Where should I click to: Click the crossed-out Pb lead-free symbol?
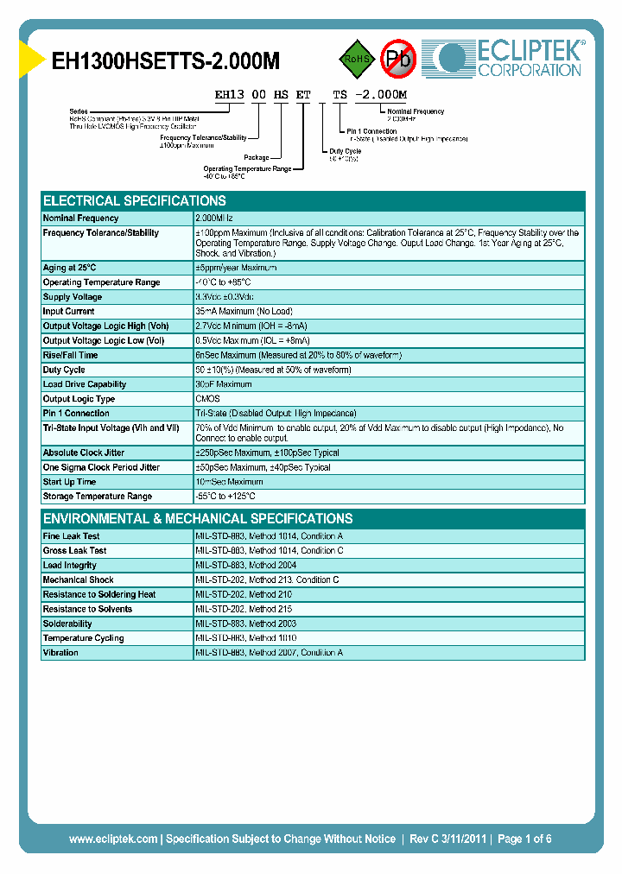coord(398,59)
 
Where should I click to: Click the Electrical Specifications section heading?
coord(135,200)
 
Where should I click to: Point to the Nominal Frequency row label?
coord(81,218)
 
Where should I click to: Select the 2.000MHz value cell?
coord(217,218)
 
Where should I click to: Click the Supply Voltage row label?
coord(73,297)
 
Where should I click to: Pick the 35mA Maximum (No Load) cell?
coord(244,312)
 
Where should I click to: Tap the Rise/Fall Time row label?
coord(71,355)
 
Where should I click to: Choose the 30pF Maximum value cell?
coord(224,384)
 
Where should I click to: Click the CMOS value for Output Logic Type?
coord(208,399)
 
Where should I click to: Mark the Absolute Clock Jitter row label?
coord(84,453)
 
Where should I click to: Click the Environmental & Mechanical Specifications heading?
coord(198,519)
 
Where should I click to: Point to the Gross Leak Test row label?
coord(75,551)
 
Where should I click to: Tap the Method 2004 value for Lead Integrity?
coord(246,566)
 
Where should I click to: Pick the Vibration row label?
coord(60,653)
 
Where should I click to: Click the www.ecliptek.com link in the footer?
coord(113,839)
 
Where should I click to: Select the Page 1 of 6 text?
coord(524,839)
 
